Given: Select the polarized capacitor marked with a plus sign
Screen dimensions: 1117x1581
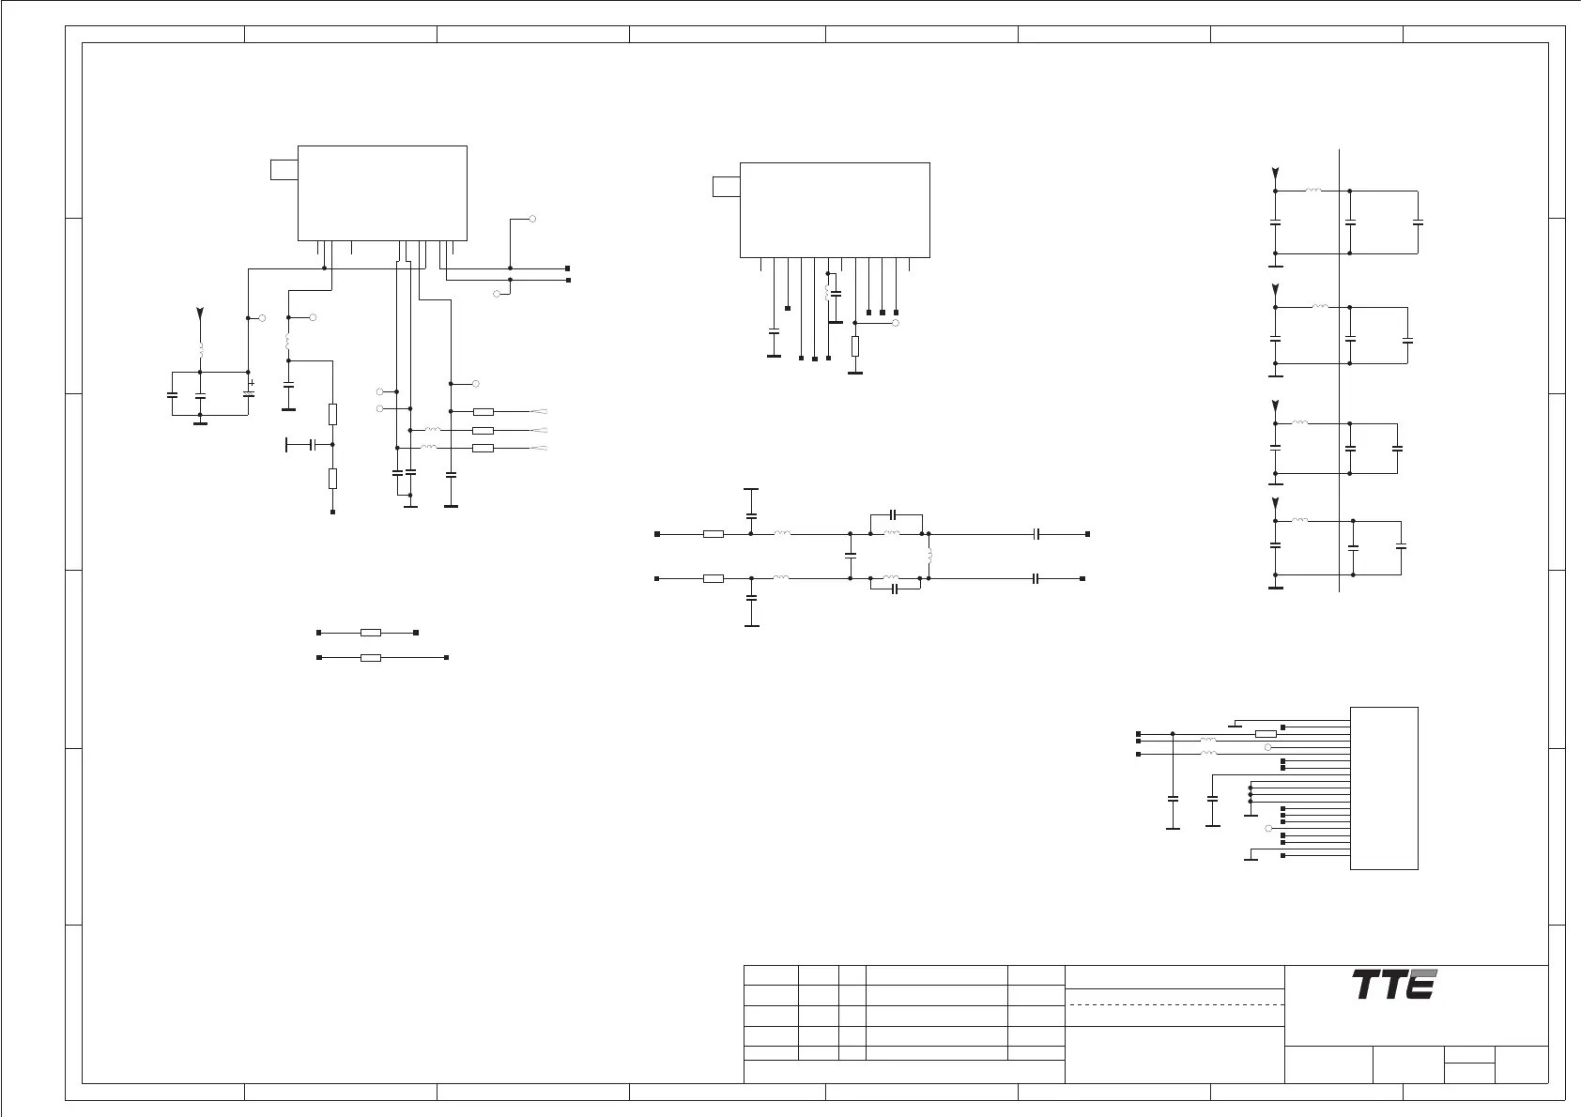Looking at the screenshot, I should coord(248,393).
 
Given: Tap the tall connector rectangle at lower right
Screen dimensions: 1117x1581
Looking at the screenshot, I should coord(1383,788).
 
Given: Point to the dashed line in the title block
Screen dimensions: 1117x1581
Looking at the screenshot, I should coord(1175,1004).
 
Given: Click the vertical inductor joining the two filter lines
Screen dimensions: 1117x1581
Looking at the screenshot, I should coord(929,557).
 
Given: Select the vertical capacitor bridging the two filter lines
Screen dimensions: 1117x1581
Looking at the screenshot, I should coord(850,556).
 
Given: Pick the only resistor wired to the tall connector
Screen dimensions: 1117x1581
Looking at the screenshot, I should coord(1266,733).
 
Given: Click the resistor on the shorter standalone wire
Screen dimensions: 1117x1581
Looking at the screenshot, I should coord(371,634).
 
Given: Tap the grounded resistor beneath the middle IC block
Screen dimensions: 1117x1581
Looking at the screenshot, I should coord(854,346).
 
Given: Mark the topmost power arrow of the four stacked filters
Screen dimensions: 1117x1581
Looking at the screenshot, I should coord(1275,174).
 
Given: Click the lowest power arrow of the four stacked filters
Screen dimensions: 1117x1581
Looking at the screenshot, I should coord(1275,503).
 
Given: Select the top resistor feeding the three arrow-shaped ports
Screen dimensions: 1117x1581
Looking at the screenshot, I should coord(484,411).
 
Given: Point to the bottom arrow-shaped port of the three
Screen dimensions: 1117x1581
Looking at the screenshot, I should coord(540,449).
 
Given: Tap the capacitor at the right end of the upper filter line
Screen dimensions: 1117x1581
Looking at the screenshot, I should coord(1036,533).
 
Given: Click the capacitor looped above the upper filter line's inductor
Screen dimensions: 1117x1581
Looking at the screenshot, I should coord(894,514).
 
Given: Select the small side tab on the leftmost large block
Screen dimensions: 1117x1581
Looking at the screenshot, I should coord(284,170).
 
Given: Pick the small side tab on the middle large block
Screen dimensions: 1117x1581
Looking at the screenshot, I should coord(726,186).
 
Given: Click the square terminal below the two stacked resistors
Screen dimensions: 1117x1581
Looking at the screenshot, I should coord(333,512).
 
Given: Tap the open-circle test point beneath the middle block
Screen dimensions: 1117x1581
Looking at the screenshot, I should coord(896,322).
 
